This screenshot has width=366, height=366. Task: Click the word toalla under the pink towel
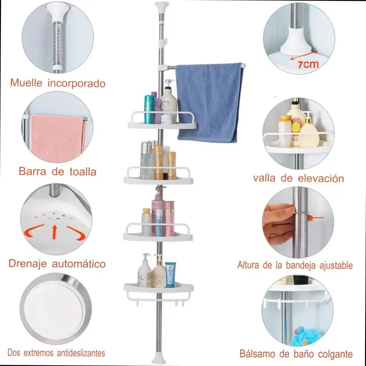click(83, 172)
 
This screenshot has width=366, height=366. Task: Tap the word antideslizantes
click(81, 353)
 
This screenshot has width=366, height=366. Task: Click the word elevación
click(321, 178)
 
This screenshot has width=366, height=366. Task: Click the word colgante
click(335, 354)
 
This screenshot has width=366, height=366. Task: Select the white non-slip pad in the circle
click(52, 305)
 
